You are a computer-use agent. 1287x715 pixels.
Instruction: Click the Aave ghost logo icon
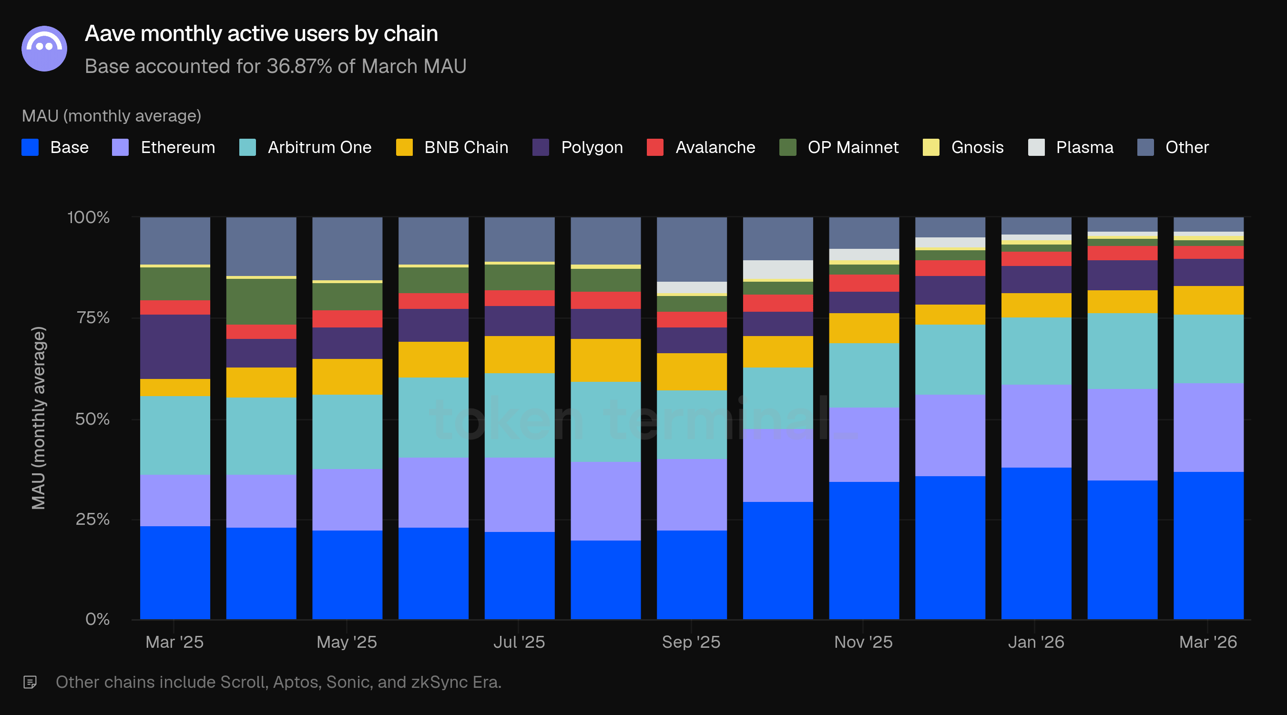pos(44,49)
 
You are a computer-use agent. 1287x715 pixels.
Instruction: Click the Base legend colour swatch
pos(30,147)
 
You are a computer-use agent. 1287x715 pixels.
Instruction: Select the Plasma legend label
pos(1084,147)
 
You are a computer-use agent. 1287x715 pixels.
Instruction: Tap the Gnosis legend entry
pos(977,147)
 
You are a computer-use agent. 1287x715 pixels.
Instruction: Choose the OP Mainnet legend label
pos(853,147)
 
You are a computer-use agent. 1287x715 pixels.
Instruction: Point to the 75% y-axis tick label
pos(93,318)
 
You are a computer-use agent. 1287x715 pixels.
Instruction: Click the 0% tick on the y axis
pos(97,620)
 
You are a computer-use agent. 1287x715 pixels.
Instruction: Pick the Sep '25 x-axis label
pos(691,642)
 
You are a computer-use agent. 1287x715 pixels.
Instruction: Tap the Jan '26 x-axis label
pos(1036,642)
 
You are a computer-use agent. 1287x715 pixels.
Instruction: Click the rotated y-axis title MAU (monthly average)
pos(39,418)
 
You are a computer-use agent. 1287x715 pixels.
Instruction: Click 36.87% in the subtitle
pos(299,66)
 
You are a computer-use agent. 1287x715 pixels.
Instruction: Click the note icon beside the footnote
pos(30,682)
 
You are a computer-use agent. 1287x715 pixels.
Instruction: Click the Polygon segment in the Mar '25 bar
pos(175,346)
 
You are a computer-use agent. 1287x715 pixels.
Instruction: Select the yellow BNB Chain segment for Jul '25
pos(520,355)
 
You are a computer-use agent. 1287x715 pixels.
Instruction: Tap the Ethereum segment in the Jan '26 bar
pos(1036,426)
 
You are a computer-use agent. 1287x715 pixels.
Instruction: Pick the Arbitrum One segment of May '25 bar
pos(347,432)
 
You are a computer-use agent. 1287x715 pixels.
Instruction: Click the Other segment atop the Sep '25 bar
pos(692,249)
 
